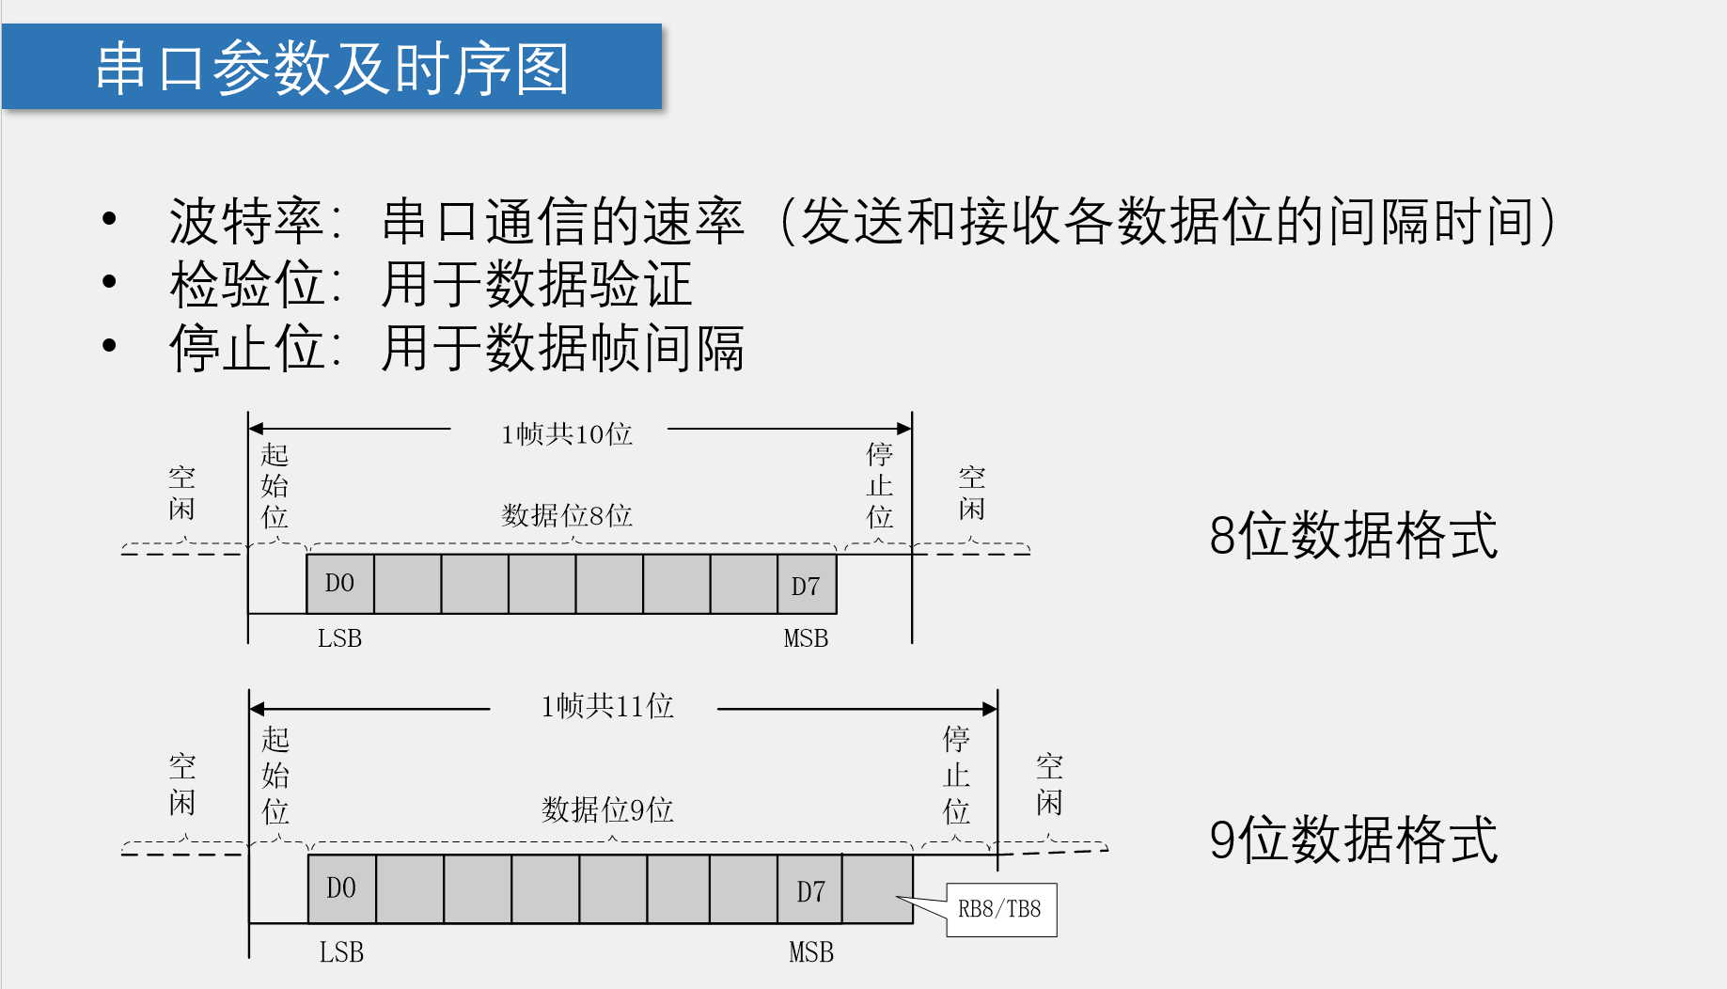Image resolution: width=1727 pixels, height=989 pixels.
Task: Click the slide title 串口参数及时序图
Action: click(x=332, y=68)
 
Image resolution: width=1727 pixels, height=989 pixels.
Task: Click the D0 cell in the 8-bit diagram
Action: click(x=339, y=584)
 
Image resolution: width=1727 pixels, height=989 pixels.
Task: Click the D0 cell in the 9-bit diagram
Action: click(x=341, y=888)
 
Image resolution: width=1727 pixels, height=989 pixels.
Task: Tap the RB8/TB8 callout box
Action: click(x=1000, y=909)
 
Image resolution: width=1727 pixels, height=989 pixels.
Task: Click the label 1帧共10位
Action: click(x=566, y=434)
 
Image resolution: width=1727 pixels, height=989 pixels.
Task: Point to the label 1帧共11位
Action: click(x=606, y=706)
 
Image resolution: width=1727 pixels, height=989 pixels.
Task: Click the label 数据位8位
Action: click(x=566, y=515)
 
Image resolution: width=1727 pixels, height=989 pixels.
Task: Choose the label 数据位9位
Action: click(x=606, y=809)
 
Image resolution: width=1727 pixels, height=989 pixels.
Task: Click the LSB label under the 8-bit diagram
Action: click(x=339, y=638)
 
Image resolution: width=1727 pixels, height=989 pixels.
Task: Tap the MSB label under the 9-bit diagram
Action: click(x=810, y=952)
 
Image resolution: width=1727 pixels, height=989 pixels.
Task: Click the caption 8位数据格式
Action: click(x=1353, y=535)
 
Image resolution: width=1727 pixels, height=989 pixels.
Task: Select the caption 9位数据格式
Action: click(x=1353, y=840)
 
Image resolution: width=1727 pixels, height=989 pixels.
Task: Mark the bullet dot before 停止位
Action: click(x=109, y=346)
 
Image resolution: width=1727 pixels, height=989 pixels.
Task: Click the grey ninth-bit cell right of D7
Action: click(x=877, y=888)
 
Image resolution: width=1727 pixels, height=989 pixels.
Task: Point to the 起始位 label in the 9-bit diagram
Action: click(x=275, y=776)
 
